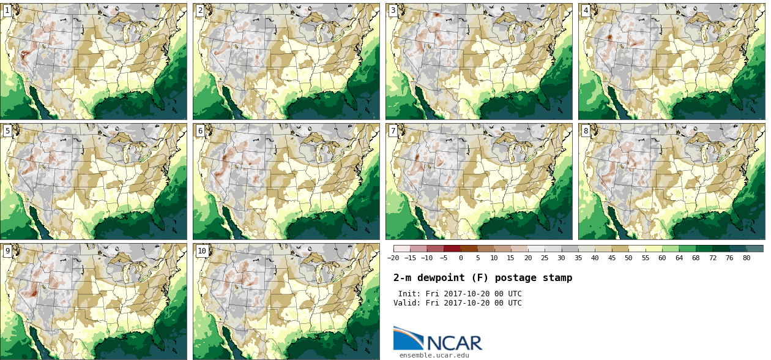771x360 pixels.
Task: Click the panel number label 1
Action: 7,10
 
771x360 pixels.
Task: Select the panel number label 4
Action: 586,10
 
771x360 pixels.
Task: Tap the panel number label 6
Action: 200,131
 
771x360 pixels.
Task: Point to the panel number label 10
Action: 202,251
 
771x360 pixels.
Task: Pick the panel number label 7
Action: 393,131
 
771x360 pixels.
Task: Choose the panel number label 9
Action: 7,251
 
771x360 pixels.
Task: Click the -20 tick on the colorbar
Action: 393,258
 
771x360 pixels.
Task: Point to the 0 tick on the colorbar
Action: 461,258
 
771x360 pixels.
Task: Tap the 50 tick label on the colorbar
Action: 628,258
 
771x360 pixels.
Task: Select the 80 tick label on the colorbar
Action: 747,258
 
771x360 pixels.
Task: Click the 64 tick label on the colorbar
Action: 679,258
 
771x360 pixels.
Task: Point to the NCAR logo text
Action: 455,343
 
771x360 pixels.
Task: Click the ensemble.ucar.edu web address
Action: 434,355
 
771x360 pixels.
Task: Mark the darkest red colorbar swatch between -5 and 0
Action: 452,249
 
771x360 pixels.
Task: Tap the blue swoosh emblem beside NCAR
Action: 408,339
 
